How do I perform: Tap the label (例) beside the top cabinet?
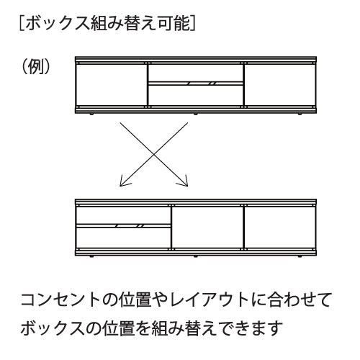[36, 66]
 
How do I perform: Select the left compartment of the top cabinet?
[111, 84]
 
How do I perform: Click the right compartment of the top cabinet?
[280, 84]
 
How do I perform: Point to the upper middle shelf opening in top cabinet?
[196, 73]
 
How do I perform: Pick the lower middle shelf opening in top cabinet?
[196, 95]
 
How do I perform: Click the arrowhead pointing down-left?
[125, 182]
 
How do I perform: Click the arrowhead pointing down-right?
[183, 182]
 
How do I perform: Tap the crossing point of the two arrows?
[154, 154]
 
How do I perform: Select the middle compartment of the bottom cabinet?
[207, 227]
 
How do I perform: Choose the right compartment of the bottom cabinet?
[280, 227]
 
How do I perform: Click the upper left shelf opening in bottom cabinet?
[123, 215]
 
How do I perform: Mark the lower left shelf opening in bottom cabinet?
[123, 238]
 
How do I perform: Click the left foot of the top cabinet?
[91, 114]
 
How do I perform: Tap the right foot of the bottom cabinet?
[300, 256]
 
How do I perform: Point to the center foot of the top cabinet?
[195, 114]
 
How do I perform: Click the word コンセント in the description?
[60, 300]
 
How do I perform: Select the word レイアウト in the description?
[208, 300]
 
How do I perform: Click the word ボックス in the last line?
[53, 328]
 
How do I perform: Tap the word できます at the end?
[251, 328]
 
